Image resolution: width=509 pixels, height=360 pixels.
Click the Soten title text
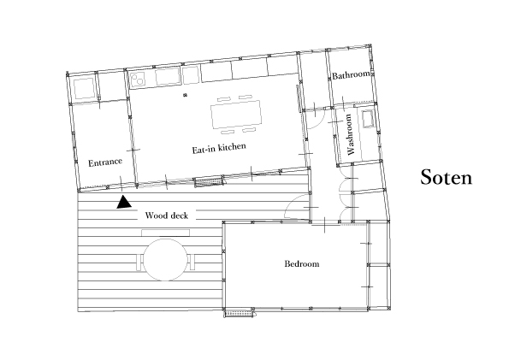click(x=446, y=178)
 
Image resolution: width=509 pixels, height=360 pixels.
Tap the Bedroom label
click(x=302, y=263)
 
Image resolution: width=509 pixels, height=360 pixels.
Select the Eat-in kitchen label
click(x=219, y=148)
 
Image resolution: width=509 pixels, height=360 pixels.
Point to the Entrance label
click(x=105, y=162)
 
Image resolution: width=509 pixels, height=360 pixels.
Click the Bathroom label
click(x=351, y=75)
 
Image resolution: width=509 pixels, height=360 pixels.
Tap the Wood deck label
click(x=166, y=215)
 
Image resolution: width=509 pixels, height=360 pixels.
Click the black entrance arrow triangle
click(x=124, y=202)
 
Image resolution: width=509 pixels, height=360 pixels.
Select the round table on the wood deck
click(x=166, y=259)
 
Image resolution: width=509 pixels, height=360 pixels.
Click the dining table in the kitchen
click(x=236, y=114)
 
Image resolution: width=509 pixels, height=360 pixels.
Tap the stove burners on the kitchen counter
click(x=139, y=78)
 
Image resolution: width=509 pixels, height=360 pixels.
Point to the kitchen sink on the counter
click(x=168, y=76)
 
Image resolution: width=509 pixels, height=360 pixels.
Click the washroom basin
click(x=368, y=119)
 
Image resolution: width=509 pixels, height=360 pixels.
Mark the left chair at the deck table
click(x=139, y=262)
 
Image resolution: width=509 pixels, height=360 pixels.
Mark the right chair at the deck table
click(x=192, y=262)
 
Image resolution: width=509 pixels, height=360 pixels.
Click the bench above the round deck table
click(x=166, y=233)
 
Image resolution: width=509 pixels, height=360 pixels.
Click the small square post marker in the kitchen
click(x=185, y=95)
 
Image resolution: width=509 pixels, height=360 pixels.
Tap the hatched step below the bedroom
click(x=240, y=314)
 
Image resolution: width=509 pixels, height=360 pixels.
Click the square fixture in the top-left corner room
click(x=84, y=88)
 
